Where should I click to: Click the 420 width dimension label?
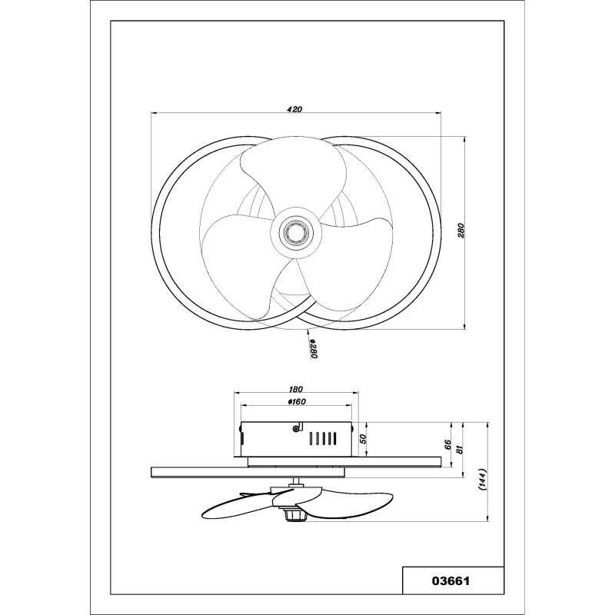click(x=294, y=109)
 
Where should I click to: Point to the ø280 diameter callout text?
click(x=313, y=350)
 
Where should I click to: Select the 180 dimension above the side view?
click(x=296, y=389)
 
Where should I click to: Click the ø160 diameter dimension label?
click(x=296, y=401)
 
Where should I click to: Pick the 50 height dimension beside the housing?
click(x=363, y=439)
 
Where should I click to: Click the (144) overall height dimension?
click(x=482, y=479)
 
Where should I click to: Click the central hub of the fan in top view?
click(x=296, y=233)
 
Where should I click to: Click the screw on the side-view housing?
click(x=296, y=429)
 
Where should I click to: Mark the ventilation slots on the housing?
click(x=322, y=438)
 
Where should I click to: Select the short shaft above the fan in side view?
click(x=296, y=481)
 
